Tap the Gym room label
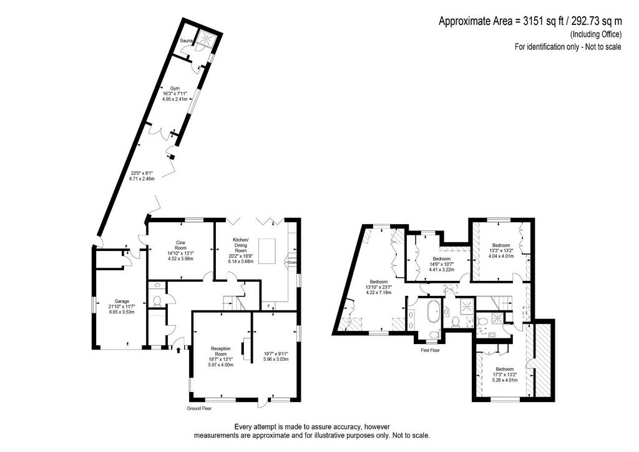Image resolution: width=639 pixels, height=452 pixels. click(175, 88)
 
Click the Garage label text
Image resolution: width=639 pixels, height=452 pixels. click(122, 302)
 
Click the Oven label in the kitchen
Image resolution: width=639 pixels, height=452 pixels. click(292, 262)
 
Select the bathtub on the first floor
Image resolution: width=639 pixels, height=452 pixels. click(432, 314)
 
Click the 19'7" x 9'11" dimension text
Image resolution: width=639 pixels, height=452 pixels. click(276, 354)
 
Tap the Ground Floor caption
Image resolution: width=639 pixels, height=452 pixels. click(199, 408)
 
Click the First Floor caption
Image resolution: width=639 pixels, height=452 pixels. click(431, 350)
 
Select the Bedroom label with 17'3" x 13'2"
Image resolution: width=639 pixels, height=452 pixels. click(504, 369)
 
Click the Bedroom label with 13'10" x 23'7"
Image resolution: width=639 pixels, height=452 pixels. click(379, 282)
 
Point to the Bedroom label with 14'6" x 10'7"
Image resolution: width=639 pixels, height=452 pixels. click(442, 259)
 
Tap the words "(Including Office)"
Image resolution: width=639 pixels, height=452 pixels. click(596, 34)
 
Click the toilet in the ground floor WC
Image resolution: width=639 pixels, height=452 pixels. click(157, 301)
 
